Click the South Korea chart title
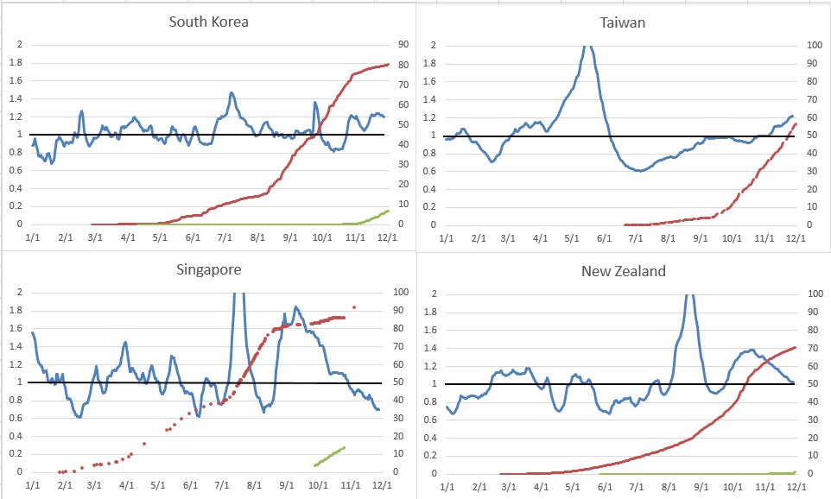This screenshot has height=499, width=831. [208, 22]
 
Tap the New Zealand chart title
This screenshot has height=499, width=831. [622, 271]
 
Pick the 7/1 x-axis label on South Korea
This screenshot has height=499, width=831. [225, 236]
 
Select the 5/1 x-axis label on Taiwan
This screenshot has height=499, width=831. [571, 237]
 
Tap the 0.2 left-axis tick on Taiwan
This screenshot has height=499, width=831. [432, 207]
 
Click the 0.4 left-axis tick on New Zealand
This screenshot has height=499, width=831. [432, 438]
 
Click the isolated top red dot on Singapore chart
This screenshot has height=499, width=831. [354, 307]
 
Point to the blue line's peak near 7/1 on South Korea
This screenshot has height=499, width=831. [232, 93]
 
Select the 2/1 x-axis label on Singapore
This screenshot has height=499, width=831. [66, 483]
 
